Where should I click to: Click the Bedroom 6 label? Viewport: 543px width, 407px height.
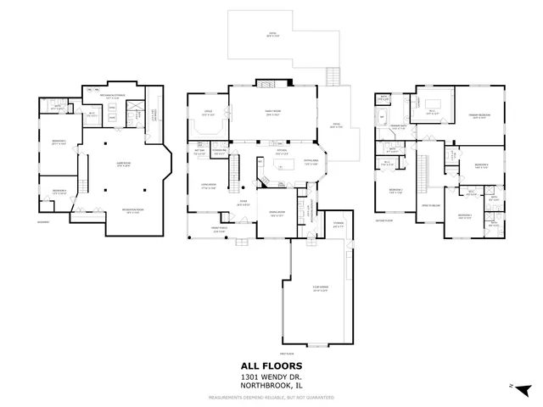coord(58,191)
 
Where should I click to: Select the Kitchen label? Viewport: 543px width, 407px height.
coord(281,153)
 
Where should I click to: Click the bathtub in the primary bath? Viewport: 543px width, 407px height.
coord(383,118)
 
